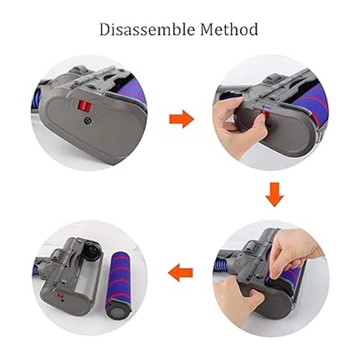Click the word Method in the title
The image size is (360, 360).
click(x=229, y=29)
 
